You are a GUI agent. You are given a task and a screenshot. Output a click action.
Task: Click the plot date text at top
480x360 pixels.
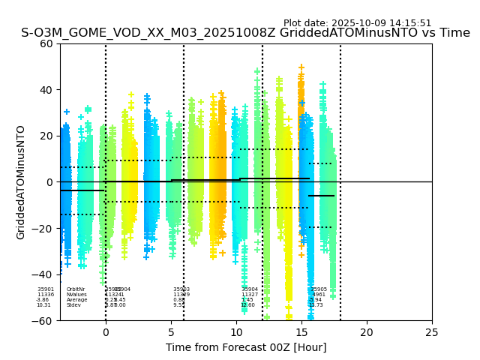click(x=357, y=23)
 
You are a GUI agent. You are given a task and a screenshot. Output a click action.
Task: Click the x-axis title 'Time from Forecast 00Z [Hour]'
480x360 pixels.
click(x=246, y=347)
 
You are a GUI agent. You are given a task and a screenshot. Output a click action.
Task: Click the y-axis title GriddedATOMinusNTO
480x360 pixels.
click(x=21, y=182)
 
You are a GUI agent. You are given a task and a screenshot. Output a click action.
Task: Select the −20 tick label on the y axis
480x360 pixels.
click(x=44, y=229)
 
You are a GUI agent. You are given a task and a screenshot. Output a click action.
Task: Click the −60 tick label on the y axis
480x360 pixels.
click(x=44, y=321)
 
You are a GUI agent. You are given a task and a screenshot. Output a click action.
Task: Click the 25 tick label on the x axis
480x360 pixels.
click(x=432, y=332)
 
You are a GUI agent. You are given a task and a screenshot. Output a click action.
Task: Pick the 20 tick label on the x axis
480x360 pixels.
click(x=367, y=332)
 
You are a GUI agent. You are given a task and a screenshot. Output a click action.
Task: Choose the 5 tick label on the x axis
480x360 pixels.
click(x=171, y=332)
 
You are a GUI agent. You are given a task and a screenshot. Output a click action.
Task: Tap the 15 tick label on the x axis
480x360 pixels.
click(x=301, y=332)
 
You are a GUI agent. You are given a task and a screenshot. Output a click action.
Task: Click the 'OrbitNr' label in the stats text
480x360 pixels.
click(x=76, y=289)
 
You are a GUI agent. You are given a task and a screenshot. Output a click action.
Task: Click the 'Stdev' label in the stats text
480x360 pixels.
click(x=73, y=305)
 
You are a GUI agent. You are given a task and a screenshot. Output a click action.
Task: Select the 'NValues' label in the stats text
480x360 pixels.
click(x=76, y=295)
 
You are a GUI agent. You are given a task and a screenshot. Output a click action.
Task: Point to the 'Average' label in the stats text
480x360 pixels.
click(x=76, y=300)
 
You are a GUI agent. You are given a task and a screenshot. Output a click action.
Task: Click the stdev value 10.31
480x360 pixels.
click(x=43, y=305)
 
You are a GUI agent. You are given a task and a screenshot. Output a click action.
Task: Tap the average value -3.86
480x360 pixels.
click(x=43, y=300)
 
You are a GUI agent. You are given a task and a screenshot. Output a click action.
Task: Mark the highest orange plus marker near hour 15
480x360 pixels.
click(x=301, y=67)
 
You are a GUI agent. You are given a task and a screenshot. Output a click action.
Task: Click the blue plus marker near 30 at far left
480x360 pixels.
click(x=66, y=112)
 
